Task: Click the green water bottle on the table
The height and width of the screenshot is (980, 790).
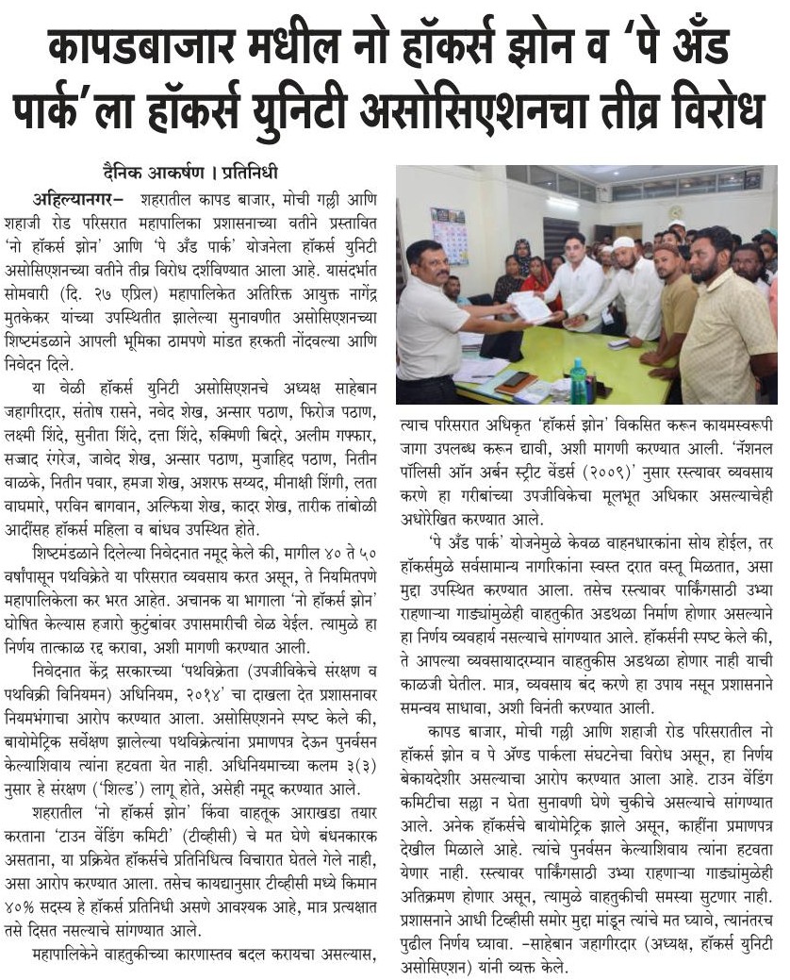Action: click(x=578, y=381)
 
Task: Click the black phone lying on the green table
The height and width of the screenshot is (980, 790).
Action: click(x=517, y=382)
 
